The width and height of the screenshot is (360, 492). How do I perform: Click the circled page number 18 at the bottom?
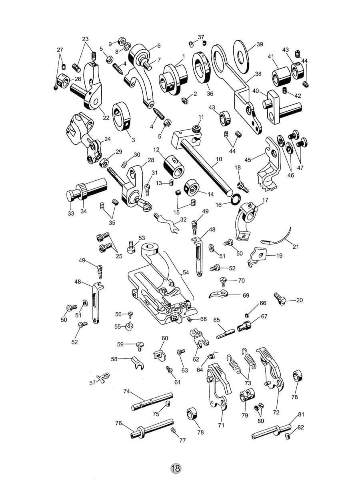(x=176, y=468)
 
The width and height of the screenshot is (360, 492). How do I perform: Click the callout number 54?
(x=186, y=272)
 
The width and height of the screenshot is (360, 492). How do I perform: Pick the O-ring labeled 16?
(x=236, y=199)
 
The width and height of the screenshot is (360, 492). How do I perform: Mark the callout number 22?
(x=106, y=118)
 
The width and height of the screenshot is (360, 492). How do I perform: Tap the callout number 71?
(x=221, y=425)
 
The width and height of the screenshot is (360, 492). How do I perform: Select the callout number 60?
(x=165, y=338)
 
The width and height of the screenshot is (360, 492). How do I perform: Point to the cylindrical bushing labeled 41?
(x=281, y=74)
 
